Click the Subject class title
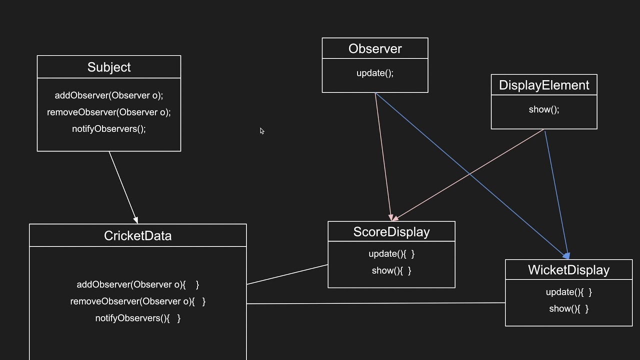[109, 67]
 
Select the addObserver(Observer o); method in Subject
[109, 95]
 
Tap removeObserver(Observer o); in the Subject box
[109, 112]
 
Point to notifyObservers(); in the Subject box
[109, 128]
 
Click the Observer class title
[375, 48]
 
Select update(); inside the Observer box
[375, 73]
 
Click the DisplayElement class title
[544, 85]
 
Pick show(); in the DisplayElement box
[544, 109]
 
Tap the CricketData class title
[137, 235]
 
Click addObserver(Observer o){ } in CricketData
[137, 284]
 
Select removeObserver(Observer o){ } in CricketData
[137, 301]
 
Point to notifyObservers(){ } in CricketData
[137, 318]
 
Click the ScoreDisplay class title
[391, 232]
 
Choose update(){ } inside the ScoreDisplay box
[391, 254]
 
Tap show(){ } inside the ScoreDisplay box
[391, 270]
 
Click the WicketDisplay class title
[568, 270]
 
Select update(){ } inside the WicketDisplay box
[568, 292]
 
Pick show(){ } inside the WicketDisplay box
[568, 308]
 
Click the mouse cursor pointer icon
[262, 131]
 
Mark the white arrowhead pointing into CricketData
[135, 219]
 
